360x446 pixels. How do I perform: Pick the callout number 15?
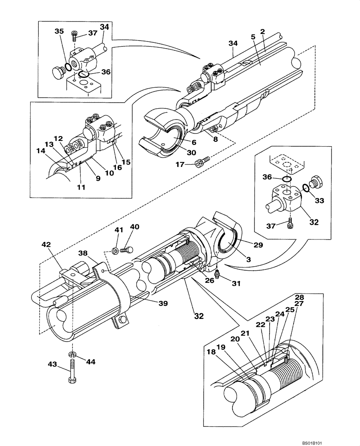(x=126, y=162)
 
